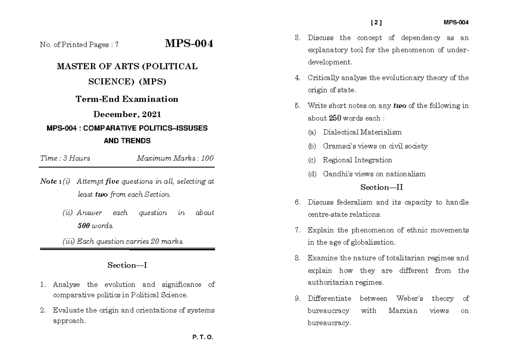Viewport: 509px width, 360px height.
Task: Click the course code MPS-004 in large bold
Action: click(x=189, y=44)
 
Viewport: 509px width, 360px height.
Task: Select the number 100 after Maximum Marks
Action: click(x=207, y=158)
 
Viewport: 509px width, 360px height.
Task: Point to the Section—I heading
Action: click(x=127, y=265)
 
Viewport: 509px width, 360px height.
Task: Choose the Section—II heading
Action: click(x=384, y=187)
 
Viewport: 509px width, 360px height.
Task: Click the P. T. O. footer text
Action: click(x=203, y=338)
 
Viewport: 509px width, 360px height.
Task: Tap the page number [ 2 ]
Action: click(x=376, y=22)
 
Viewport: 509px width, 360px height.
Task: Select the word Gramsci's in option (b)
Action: click(x=337, y=146)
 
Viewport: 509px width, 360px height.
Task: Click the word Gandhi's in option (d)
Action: click(x=336, y=174)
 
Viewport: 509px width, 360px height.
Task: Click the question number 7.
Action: click(x=297, y=230)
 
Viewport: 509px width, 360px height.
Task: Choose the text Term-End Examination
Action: click(x=127, y=99)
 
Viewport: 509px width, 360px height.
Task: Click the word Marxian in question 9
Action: click(x=403, y=310)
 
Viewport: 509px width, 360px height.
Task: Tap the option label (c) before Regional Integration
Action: click(x=312, y=160)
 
